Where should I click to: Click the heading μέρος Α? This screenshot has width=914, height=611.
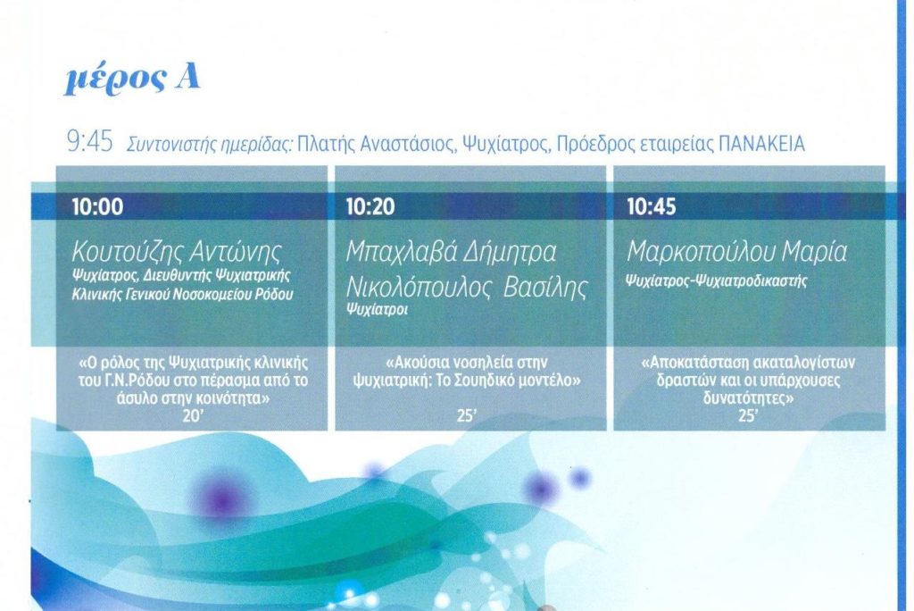click(x=132, y=80)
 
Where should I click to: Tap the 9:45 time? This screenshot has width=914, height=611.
click(x=90, y=142)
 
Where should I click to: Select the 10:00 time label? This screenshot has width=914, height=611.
click(x=97, y=206)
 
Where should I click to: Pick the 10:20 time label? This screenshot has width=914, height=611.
click(x=370, y=206)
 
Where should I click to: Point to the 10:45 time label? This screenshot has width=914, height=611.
click(x=651, y=206)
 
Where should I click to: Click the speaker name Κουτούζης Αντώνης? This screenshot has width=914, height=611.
click(x=177, y=252)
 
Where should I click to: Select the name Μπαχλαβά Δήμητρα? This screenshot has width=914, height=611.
click(x=452, y=252)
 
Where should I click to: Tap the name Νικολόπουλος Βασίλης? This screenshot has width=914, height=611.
click(x=467, y=287)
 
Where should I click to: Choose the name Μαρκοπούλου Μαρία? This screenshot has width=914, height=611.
click(x=736, y=252)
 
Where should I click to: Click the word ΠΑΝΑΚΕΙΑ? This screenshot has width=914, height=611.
click(x=762, y=144)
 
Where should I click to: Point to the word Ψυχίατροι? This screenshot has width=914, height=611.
click(x=377, y=309)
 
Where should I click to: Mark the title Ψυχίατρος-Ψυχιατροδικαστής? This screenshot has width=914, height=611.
click(x=717, y=280)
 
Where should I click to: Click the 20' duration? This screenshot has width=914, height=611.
click(x=192, y=416)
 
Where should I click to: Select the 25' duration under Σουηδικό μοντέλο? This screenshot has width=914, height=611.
click(x=467, y=416)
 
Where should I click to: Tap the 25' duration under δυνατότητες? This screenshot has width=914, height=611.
click(x=748, y=416)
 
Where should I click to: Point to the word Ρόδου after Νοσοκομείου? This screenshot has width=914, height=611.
click(x=273, y=295)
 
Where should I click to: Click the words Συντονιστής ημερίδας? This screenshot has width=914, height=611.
click(x=209, y=145)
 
